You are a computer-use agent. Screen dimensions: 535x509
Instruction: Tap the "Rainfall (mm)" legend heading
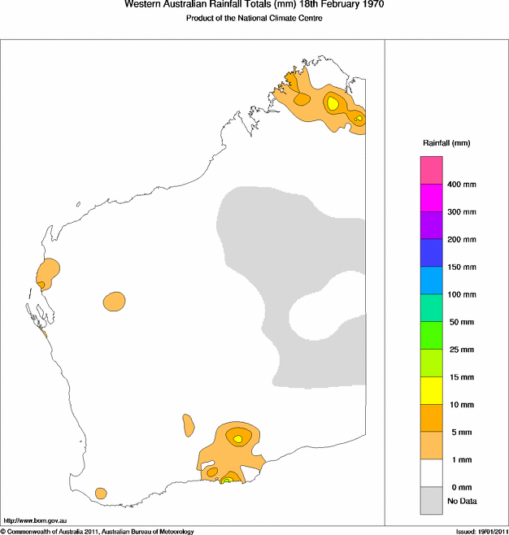[x=446, y=143]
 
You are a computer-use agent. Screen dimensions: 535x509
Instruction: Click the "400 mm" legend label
[x=463, y=185]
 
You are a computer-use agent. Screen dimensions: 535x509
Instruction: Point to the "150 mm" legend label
[x=463, y=267]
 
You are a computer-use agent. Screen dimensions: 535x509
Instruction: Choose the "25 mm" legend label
[x=461, y=350]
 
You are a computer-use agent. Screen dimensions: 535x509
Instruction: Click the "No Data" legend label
[x=462, y=501]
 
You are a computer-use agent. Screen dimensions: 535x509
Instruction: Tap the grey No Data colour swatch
[x=431, y=500]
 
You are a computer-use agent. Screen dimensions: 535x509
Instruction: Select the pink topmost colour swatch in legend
[x=431, y=170]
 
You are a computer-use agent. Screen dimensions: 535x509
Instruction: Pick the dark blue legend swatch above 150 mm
[x=431, y=253]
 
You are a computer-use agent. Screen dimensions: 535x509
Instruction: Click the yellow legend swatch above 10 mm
[x=431, y=390]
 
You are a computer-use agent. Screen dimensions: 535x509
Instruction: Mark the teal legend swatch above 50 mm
[x=431, y=307]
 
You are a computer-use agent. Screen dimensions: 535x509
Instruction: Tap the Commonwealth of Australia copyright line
[x=98, y=531]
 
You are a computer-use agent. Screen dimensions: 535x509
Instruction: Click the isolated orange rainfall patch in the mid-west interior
[x=115, y=302]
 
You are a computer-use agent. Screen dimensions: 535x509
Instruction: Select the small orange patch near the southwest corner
[x=101, y=493]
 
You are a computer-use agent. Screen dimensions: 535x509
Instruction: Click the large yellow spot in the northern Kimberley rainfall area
[x=333, y=103]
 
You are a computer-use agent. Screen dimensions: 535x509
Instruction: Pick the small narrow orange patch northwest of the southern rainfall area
[x=189, y=424]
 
